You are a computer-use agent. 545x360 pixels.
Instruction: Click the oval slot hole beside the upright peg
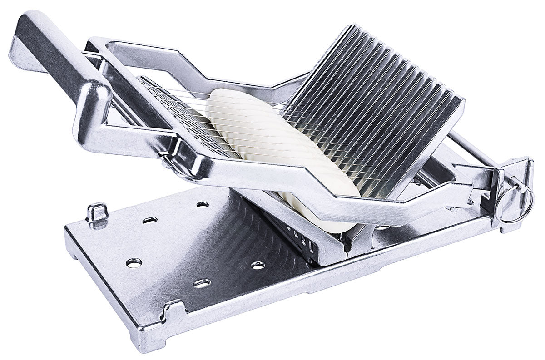coord(149,220)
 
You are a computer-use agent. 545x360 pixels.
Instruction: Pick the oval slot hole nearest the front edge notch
coord(202,283)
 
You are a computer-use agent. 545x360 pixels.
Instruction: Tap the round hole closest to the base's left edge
coord(134,262)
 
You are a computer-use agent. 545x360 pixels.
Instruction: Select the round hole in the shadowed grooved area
coord(258,265)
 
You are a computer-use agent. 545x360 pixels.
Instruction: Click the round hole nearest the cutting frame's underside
coord(203,204)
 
